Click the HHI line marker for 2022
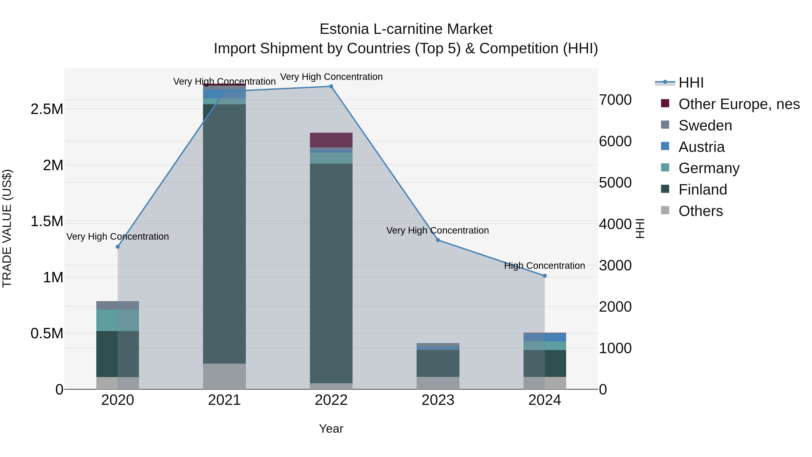pyautogui.click(x=331, y=86)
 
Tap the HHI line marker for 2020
pyautogui.click(x=118, y=247)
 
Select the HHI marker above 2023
pyautogui.click(x=438, y=240)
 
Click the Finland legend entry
pyautogui.click(x=703, y=190)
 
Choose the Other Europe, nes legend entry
pyautogui.click(x=739, y=104)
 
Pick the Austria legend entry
pyautogui.click(x=701, y=147)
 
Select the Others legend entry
pyautogui.click(x=700, y=211)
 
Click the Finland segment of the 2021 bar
pyautogui.click(x=224, y=233)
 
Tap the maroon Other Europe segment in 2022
pyautogui.click(x=331, y=140)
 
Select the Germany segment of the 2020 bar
pyautogui.click(x=118, y=320)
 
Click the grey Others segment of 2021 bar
pyautogui.click(x=224, y=376)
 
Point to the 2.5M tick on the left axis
pyautogui.click(x=47, y=109)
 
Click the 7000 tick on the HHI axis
pyautogui.click(x=615, y=100)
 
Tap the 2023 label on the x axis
pyautogui.click(x=438, y=400)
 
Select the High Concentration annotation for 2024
pyautogui.click(x=544, y=266)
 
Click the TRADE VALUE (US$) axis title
pyautogui.click(x=7, y=228)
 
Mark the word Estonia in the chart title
pyautogui.click(x=344, y=29)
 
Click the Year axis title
pyautogui.click(x=331, y=429)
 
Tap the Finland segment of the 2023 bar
pyautogui.click(x=438, y=363)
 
